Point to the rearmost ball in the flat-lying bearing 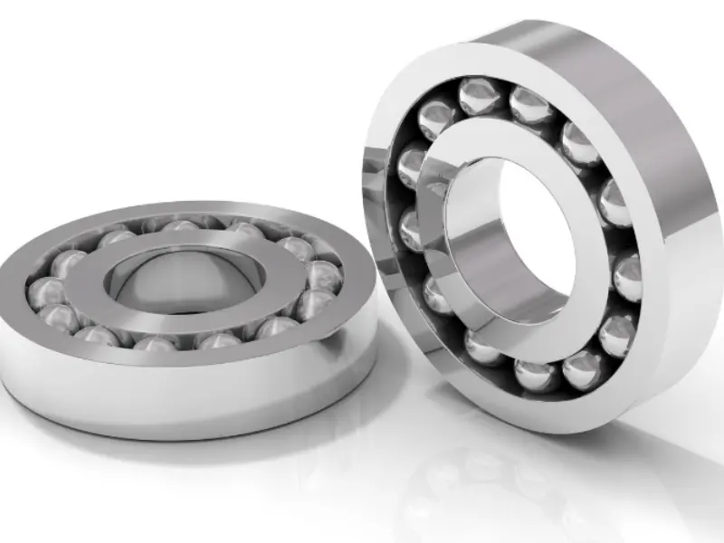pyautogui.click(x=181, y=226)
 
